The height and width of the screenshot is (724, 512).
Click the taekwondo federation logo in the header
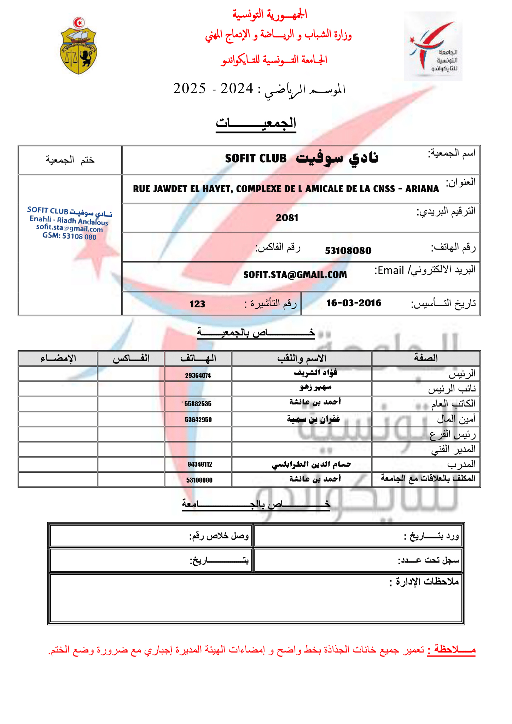[x=433, y=46]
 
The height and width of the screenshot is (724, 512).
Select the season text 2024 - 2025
[x=213, y=88]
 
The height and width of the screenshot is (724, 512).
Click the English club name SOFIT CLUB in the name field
[x=256, y=158]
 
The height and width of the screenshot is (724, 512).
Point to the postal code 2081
[x=287, y=218]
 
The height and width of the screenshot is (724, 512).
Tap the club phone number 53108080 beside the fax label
[x=348, y=251]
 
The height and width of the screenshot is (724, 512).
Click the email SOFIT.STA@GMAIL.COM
[x=295, y=275]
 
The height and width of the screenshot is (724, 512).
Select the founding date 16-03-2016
[x=354, y=303]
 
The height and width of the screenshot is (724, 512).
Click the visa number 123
[x=197, y=304]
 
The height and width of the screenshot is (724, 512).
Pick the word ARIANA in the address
[x=422, y=189]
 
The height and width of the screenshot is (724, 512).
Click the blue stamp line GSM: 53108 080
[x=69, y=236]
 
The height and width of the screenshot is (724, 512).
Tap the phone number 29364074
[x=198, y=375]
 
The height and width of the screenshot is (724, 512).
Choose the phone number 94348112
[x=200, y=464]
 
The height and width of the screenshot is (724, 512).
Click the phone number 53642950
[x=198, y=420]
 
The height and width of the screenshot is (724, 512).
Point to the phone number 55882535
[x=198, y=404]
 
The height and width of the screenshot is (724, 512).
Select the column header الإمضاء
[x=58, y=358]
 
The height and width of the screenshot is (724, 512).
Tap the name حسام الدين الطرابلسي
[x=311, y=464]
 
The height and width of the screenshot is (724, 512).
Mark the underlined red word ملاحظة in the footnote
[x=451, y=650]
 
